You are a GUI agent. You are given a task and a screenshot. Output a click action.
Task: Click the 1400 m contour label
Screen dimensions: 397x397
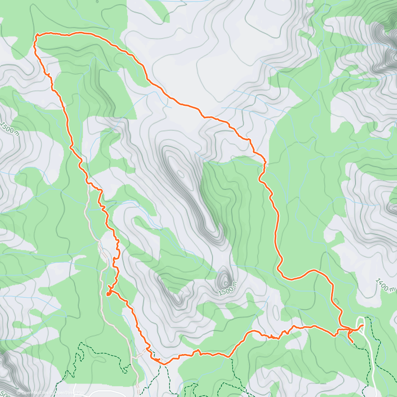(x=385, y=285)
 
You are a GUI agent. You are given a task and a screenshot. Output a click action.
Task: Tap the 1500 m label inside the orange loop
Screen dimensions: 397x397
(x=228, y=288)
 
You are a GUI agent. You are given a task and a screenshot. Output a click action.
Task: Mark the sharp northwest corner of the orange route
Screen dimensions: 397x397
(x=36, y=35)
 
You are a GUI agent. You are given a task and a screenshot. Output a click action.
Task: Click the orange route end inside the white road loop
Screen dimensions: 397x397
(x=363, y=326)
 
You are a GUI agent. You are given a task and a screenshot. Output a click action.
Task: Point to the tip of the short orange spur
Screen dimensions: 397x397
(x=353, y=342)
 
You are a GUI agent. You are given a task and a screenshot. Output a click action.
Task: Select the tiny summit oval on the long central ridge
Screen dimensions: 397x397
(x=180, y=173)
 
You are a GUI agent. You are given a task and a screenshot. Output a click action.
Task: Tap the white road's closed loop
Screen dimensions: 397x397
(x=361, y=323)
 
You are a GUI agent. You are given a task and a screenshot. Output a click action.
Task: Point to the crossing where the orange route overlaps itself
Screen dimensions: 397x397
(x=341, y=330)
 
